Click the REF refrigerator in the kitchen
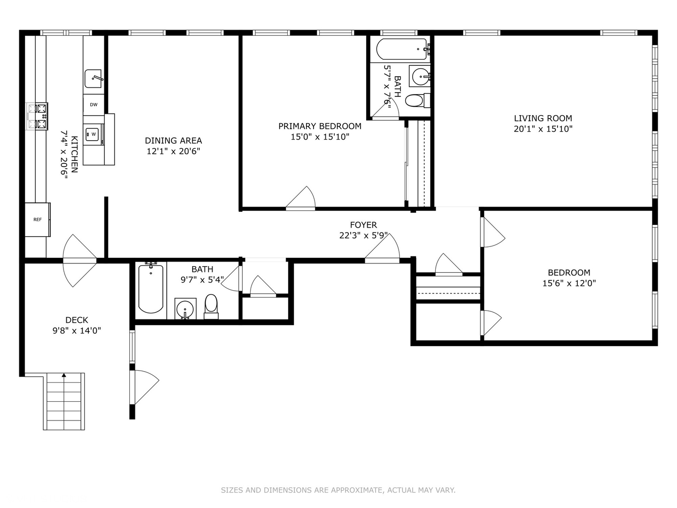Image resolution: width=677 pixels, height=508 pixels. (x=37, y=220)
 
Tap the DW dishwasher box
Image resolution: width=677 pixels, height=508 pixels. (x=94, y=104)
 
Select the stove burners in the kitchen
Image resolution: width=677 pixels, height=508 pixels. (x=37, y=116)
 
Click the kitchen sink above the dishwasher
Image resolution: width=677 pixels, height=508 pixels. (x=94, y=79)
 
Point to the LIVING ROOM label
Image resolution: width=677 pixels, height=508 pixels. (x=543, y=119)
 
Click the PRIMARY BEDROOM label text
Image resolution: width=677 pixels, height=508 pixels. (x=320, y=126)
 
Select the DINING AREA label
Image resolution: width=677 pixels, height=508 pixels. (x=173, y=141)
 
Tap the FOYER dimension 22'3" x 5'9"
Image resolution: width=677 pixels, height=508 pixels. (x=363, y=235)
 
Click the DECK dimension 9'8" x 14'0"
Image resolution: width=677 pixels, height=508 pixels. (x=77, y=331)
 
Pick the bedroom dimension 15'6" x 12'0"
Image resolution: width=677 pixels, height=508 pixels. (x=569, y=283)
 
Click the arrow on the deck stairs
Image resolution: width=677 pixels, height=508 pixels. (x=64, y=375)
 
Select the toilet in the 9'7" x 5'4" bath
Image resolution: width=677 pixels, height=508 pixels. (x=211, y=306)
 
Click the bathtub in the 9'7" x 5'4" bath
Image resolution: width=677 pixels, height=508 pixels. (x=150, y=289)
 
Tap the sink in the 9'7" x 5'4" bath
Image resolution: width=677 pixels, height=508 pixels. (x=185, y=309)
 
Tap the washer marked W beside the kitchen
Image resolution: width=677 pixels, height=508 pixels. (x=94, y=135)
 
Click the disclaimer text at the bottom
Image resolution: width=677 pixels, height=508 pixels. (x=338, y=490)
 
